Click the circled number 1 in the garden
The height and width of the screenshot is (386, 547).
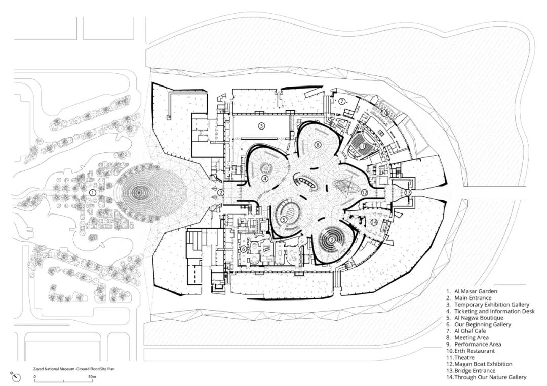click(93, 192)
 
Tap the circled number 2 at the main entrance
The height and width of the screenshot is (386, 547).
click(220, 192)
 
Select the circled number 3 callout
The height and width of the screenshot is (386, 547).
click(261, 126)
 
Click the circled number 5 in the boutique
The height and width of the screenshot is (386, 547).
click(284, 220)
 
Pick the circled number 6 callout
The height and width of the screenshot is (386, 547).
click(243, 249)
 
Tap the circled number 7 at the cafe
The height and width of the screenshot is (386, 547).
click(342, 101)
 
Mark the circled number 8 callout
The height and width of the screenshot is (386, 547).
click(317, 144)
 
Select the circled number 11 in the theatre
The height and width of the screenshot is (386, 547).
click(362, 146)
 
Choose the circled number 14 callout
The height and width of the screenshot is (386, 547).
click(374, 222)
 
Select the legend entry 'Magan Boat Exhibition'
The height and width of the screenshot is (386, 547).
click(483, 364)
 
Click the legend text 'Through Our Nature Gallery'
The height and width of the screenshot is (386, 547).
click(490, 377)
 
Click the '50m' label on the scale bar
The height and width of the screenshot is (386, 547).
click(92, 377)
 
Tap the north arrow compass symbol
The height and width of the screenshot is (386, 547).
click(16, 376)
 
